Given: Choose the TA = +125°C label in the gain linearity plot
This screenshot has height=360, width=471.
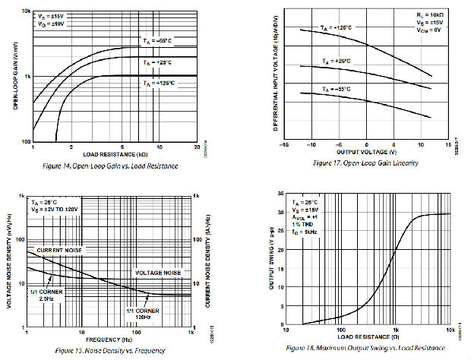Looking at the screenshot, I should pyautogui.click(x=337, y=27).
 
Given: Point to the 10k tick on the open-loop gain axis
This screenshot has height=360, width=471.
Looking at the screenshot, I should pyautogui.click(x=25, y=11).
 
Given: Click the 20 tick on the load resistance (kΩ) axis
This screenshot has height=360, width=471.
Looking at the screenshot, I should pyautogui.click(x=197, y=147).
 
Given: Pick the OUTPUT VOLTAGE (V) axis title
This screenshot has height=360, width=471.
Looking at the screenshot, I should pyautogui.click(x=367, y=152).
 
